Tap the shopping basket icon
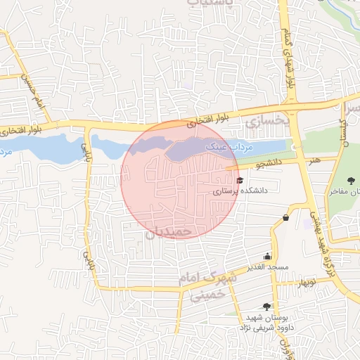point(285,217)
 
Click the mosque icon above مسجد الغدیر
point(266,257)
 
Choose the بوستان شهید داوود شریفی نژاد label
point(267,322)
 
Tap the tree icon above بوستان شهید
point(266,306)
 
